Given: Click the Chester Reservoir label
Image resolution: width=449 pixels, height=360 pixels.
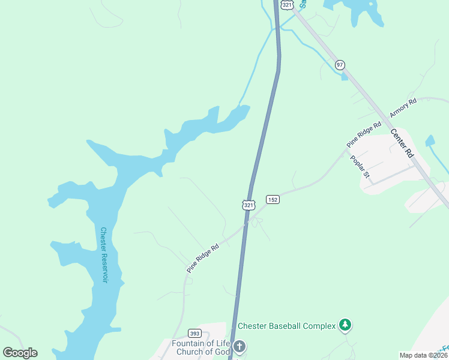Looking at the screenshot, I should [104, 256].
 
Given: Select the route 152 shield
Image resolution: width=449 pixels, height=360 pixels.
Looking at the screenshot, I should [273, 199].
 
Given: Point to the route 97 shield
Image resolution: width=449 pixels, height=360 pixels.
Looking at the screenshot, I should [340, 64].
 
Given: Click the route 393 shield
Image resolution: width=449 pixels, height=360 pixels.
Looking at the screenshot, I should [194, 333].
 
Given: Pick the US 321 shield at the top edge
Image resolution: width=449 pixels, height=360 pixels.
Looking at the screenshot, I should [287, 5].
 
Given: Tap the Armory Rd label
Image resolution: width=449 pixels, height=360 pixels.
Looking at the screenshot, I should [403, 108].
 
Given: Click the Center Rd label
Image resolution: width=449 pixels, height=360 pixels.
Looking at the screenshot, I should [402, 143].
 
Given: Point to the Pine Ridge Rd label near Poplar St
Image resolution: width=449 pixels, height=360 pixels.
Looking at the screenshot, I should [364, 135].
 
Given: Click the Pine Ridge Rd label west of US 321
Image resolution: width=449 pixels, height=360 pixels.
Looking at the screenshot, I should [202, 258].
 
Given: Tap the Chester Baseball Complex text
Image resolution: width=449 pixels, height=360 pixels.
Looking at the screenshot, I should [286, 326].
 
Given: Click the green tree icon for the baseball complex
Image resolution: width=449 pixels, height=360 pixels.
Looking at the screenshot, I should [345, 325].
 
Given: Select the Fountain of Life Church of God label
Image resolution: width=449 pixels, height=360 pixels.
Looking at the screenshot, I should [201, 347].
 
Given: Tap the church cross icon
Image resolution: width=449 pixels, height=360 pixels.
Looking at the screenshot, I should [239, 347].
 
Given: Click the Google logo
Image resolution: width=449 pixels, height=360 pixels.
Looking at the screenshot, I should [20, 353].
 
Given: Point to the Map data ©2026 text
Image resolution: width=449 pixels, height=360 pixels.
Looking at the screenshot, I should [424, 355].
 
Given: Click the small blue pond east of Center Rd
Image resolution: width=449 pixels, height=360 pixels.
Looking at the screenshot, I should [430, 141].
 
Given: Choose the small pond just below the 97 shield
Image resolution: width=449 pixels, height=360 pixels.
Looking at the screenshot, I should [343, 76].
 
